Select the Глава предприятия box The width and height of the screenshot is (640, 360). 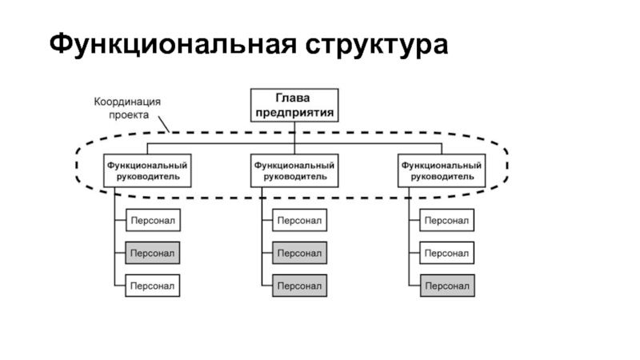(x=294, y=104)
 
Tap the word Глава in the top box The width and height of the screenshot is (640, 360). (x=294, y=98)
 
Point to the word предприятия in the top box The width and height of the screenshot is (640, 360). (x=294, y=112)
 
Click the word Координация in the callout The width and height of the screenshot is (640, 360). (x=127, y=102)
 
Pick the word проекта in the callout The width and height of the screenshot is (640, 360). (x=129, y=114)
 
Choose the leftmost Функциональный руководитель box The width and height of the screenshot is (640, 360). (x=147, y=170)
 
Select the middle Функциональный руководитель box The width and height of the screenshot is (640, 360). (x=294, y=170)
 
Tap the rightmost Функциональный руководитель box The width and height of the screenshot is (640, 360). (x=441, y=170)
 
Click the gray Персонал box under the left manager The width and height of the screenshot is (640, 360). (x=152, y=253)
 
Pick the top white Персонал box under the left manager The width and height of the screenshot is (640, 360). (x=152, y=220)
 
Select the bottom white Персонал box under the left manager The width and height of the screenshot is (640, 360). (x=152, y=286)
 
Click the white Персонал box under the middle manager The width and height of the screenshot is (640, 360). (x=299, y=220)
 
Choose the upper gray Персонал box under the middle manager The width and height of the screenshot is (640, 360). (x=299, y=253)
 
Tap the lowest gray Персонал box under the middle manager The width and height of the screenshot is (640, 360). (x=299, y=286)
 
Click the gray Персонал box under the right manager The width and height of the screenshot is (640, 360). (x=446, y=286)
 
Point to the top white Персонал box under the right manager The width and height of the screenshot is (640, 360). (x=446, y=220)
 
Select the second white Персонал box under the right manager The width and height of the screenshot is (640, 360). (x=446, y=253)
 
